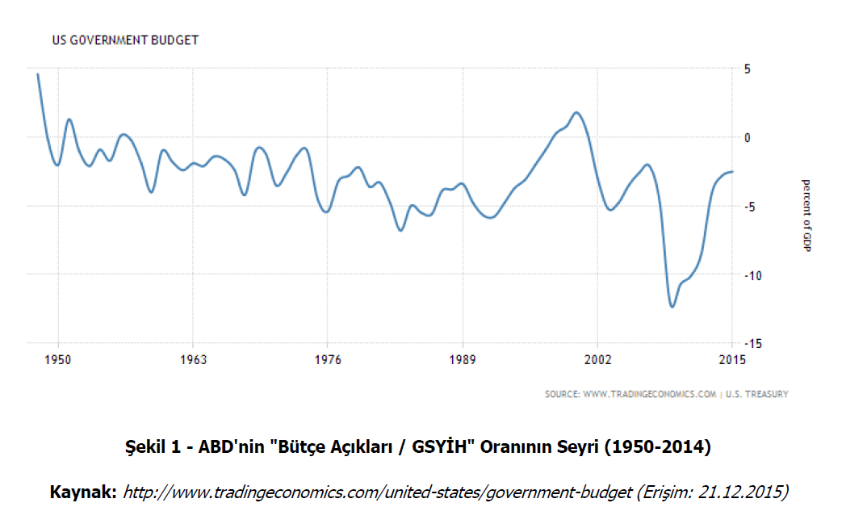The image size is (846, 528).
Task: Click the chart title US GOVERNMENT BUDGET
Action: click(x=125, y=40)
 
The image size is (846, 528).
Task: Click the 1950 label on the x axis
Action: click(x=58, y=359)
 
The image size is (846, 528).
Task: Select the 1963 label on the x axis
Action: click(x=193, y=359)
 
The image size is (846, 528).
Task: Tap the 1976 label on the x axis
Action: click(x=328, y=359)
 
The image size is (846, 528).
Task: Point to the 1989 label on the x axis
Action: click(x=463, y=359)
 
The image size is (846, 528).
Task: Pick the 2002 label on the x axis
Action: click(x=597, y=359)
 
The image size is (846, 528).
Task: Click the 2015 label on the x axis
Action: click(x=732, y=359)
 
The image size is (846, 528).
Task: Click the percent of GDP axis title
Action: click(x=805, y=214)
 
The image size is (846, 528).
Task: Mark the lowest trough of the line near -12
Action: click(x=672, y=306)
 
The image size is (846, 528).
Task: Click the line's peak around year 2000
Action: click(x=576, y=113)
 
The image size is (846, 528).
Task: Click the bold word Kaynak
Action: click(x=83, y=491)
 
